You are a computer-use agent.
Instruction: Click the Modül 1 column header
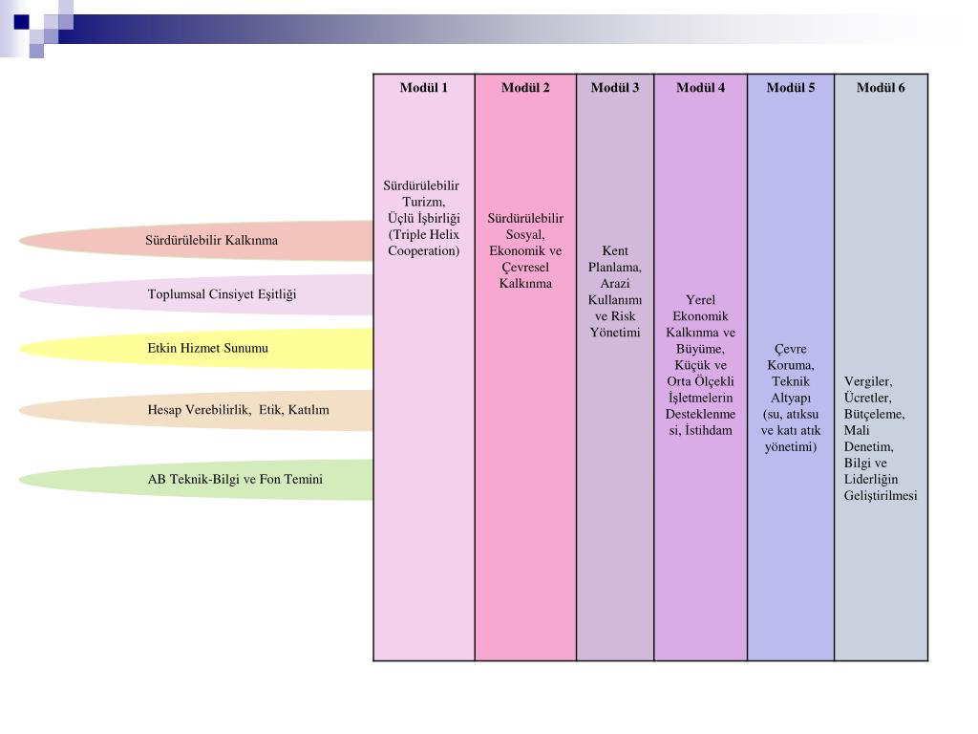point(423,88)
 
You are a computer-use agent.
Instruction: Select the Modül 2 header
point(525,88)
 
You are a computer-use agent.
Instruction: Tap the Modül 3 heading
point(615,88)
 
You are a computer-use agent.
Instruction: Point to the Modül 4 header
point(700,88)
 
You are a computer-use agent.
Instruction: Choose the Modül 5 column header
point(791,88)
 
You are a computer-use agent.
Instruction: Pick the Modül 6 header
point(881,88)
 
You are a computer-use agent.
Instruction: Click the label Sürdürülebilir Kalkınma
point(211,240)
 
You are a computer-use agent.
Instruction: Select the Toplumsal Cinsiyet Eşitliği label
point(222,294)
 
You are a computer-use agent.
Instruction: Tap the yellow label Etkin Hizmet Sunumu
point(207,348)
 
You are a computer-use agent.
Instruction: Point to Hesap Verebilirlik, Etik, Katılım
point(238,410)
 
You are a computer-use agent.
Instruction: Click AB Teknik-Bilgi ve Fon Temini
point(235,479)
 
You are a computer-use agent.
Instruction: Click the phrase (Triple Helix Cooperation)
point(423,243)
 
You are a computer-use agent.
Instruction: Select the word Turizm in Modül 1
point(423,202)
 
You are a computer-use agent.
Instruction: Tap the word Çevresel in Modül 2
point(525,268)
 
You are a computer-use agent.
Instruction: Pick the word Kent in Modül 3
point(615,251)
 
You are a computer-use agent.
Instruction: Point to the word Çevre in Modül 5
point(791,350)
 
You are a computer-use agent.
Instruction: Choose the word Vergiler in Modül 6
point(867,381)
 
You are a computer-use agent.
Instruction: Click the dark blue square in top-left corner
point(21,21)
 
